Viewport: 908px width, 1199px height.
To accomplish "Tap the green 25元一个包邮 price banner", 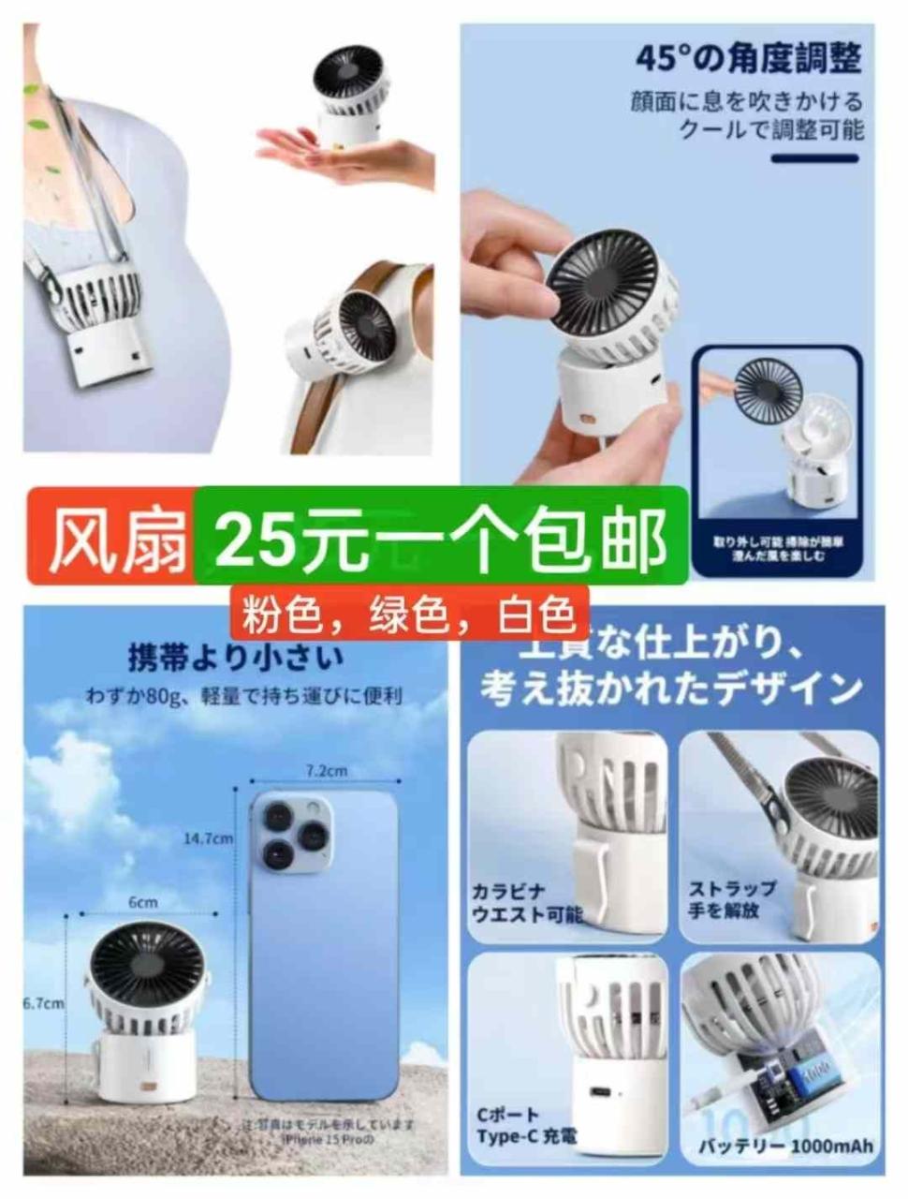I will pyautogui.click(x=441, y=539).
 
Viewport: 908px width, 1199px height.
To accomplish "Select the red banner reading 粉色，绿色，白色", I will pyautogui.click(x=409, y=615).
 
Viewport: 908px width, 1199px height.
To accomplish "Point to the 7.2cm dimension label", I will pyautogui.click(x=327, y=771).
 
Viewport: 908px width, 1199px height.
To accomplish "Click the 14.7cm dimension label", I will pyautogui.click(x=208, y=838).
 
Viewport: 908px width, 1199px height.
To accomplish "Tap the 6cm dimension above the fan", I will pyautogui.click(x=143, y=902).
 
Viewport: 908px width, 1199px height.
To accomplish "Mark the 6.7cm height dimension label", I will pyautogui.click(x=43, y=1003).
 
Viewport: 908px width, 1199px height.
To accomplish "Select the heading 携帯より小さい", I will pyautogui.click(x=235, y=658).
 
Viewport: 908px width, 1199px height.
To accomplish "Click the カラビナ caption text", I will pyautogui.click(x=509, y=891).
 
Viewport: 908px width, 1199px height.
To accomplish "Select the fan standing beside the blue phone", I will pyautogui.click(x=146, y=1012).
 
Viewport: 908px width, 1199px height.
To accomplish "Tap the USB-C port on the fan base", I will pyautogui.click(x=595, y=1090).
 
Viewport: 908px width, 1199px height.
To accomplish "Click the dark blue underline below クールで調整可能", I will pyautogui.click(x=813, y=159).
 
